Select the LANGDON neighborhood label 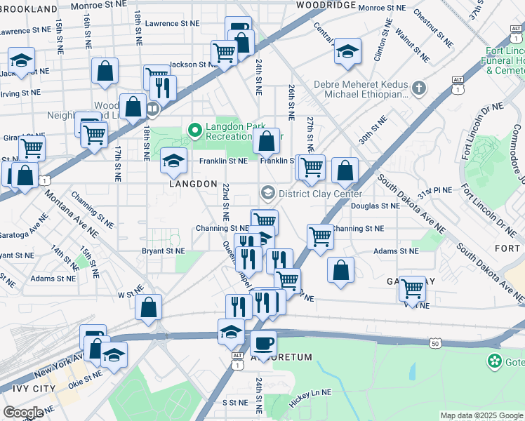[193, 183]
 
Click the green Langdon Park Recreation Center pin [194, 129]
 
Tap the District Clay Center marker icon [267, 192]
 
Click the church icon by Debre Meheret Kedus [419, 88]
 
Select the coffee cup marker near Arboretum [264, 344]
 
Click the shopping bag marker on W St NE [149, 307]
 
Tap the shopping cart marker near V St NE [412, 288]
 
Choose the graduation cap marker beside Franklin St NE [173, 161]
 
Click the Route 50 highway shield [435, 342]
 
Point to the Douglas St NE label [374, 206]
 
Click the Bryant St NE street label [163, 250]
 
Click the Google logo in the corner [23, 413]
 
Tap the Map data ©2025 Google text [481, 415]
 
